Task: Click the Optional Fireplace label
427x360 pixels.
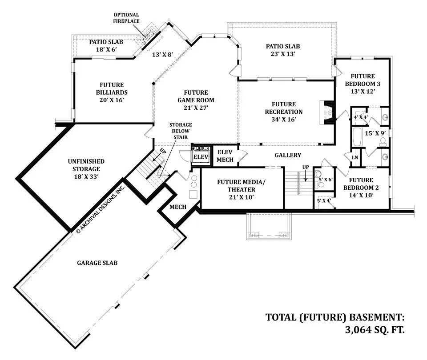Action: point(126,18)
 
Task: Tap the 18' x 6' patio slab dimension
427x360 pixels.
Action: point(106,49)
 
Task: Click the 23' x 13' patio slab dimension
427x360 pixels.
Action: point(283,54)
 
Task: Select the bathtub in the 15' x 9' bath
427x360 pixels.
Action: point(356,137)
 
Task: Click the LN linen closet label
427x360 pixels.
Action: point(355,157)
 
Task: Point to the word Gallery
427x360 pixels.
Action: point(288,155)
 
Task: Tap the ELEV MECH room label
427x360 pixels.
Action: point(225,156)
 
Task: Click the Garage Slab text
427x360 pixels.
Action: point(97,263)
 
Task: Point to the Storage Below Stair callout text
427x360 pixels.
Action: point(181,131)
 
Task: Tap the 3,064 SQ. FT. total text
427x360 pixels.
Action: point(375,330)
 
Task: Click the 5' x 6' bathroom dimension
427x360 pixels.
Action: point(326,180)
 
